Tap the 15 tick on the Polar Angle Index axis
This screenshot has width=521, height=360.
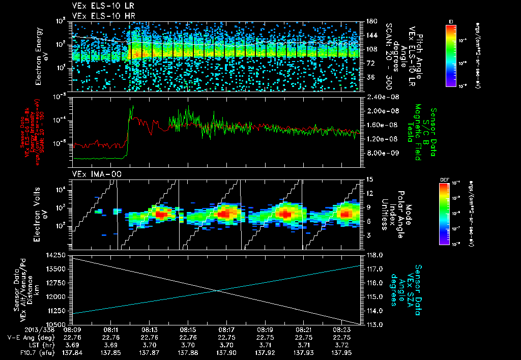369,179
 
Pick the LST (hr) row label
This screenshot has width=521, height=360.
26,344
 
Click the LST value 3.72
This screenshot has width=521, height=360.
342,344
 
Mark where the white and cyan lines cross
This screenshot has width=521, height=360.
218,290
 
